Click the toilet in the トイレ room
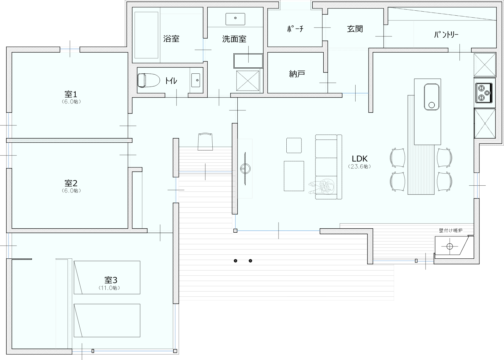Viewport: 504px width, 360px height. coord(148,80)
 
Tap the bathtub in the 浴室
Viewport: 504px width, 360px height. coord(146,35)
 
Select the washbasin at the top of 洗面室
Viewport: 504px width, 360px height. coord(235,19)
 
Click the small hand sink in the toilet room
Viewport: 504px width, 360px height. coord(196,80)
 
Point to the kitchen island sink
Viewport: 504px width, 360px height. coord(432,97)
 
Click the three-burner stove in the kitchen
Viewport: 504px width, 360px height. coord(484,93)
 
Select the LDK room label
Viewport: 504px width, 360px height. coord(359,159)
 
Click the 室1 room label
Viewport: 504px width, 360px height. coord(71,94)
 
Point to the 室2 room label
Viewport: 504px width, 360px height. coord(71,183)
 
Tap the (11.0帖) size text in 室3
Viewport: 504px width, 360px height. coord(109,288)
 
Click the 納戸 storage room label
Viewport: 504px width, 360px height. coord(297,74)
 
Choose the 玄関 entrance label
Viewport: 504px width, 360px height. coord(355,29)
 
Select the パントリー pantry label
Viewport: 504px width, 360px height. coord(446,34)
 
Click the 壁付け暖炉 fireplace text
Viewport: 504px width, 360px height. coord(451,230)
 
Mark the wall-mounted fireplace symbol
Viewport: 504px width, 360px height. coord(450,246)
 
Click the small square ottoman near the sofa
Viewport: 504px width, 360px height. coord(294,146)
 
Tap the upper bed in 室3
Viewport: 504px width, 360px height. coord(107,278)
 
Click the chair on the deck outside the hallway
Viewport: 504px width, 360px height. coord(205,141)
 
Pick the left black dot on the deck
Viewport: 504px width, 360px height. coord(235,261)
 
